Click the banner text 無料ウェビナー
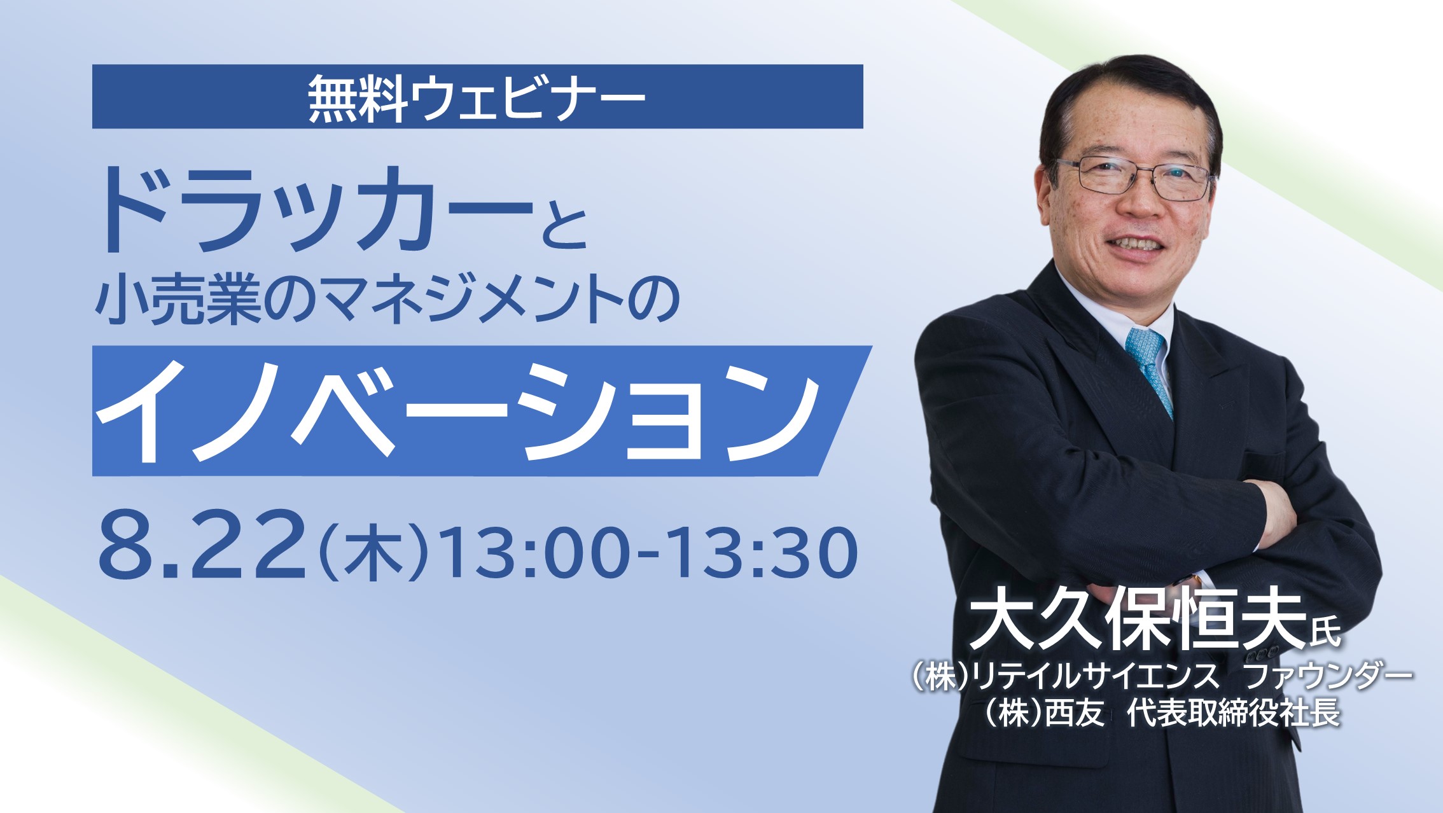pos(477,97)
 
